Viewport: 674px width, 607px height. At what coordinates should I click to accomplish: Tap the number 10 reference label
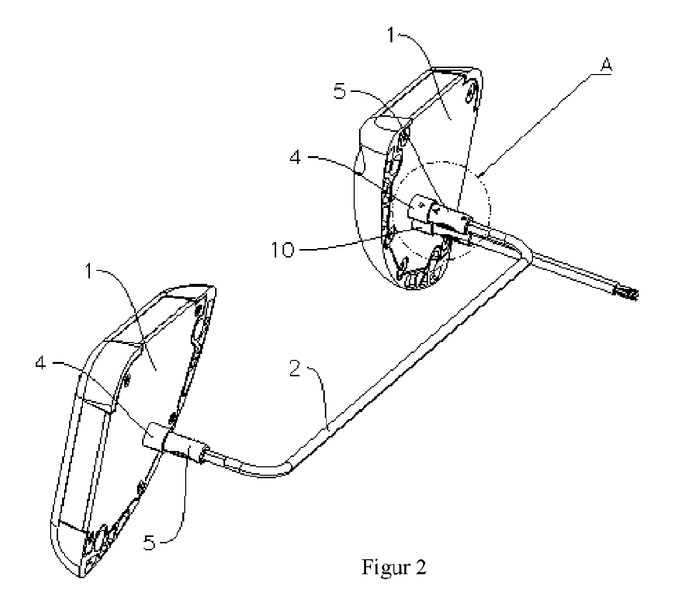pyautogui.click(x=283, y=250)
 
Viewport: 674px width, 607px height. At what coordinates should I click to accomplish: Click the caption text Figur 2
pyautogui.click(x=394, y=567)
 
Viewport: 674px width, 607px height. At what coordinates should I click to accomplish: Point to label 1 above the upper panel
pyautogui.click(x=391, y=35)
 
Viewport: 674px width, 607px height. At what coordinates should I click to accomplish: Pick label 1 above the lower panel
pyautogui.click(x=89, y=271)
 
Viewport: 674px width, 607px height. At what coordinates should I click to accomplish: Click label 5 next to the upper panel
pyautogui.click(x=340, y=91)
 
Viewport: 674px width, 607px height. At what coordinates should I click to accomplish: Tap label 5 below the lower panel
pyautogui.click(x=149, y=543)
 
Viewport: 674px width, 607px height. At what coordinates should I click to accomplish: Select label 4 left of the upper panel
pyautogui.click(x=296, y=157)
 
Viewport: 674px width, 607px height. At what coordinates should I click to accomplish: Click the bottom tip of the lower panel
pyautogui.click(x=80, y=577)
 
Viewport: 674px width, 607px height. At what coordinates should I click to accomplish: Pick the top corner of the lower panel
pyautogui.click(x=214, y=287)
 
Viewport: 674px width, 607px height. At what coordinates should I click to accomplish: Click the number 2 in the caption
pyautogui.click(x=421, y=567)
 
